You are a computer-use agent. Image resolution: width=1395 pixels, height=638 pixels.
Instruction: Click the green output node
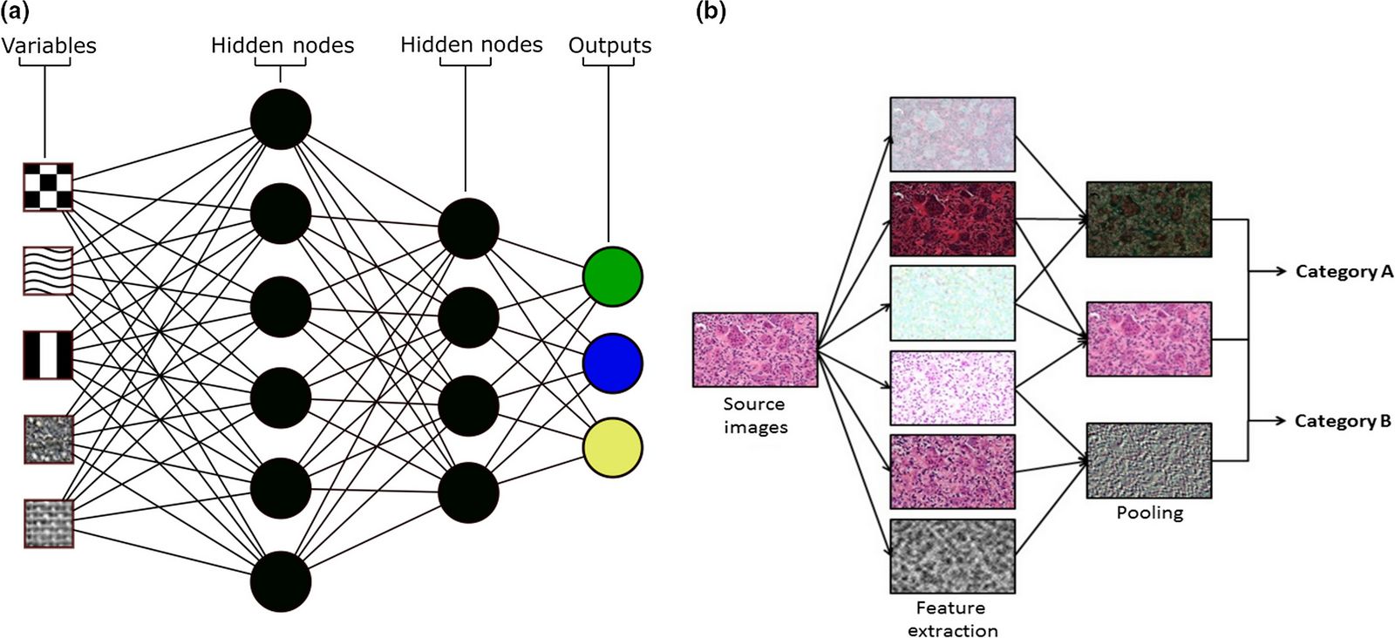[x=612, y=276]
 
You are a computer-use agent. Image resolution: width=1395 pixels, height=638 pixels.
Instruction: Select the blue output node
[x=612, y=363]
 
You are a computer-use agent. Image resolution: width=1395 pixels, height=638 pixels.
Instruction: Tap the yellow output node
[x=612, y=447]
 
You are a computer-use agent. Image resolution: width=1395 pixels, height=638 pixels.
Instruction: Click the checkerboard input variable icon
[x=48, y=187]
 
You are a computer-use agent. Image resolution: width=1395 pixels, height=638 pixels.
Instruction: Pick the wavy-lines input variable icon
[x=48, y=271]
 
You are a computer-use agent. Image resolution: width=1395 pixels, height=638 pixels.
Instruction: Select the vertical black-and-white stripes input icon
[x=48, y=355]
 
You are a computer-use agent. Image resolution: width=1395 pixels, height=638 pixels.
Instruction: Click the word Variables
[x=49, y=45]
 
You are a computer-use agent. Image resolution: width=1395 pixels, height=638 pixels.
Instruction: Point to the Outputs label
[x=609, y=45]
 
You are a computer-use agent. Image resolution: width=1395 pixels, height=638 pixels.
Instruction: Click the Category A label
[x=1344, y=272]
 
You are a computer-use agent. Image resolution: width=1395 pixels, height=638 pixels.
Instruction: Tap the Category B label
[x=1342, y=422]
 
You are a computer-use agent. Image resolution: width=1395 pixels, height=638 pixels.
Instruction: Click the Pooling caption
[x=1149, y=512]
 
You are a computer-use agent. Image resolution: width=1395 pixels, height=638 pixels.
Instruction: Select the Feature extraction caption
[x=951, y=619]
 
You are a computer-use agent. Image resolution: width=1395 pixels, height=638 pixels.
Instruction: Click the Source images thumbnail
[x=755, y=350]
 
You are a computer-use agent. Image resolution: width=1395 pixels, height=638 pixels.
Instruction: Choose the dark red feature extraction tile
[x=952, y=219]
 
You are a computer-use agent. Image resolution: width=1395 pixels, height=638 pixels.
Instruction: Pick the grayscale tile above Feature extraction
[x=952, y=556]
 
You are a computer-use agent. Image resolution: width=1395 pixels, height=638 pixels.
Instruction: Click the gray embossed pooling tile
[x=1148, y=460]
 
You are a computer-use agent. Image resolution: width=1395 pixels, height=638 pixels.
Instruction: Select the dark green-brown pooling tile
[x=1148, y=220]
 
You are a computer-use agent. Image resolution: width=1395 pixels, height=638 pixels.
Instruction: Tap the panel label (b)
[x=711, y=11]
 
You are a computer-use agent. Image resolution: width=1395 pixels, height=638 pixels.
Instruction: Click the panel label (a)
[x=16, y=11]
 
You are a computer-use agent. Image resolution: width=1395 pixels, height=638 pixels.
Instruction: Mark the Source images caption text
[x=755, y=416]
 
